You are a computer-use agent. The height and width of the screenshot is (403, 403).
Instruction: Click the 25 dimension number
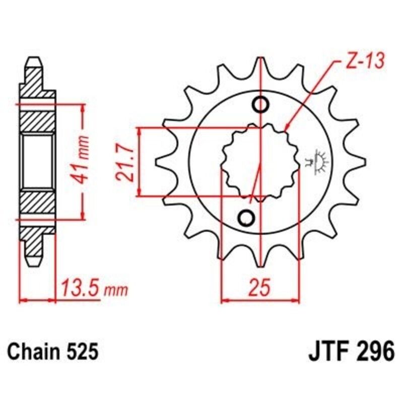click(260, 288)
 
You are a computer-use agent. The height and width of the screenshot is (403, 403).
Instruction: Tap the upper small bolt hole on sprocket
click(261, 105)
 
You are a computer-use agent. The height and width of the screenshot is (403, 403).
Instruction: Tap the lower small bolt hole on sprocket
click(247, 218)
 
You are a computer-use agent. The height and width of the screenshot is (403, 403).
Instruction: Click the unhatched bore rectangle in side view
click(37, 162)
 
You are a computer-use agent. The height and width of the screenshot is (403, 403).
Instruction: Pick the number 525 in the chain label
click(81, 351)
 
